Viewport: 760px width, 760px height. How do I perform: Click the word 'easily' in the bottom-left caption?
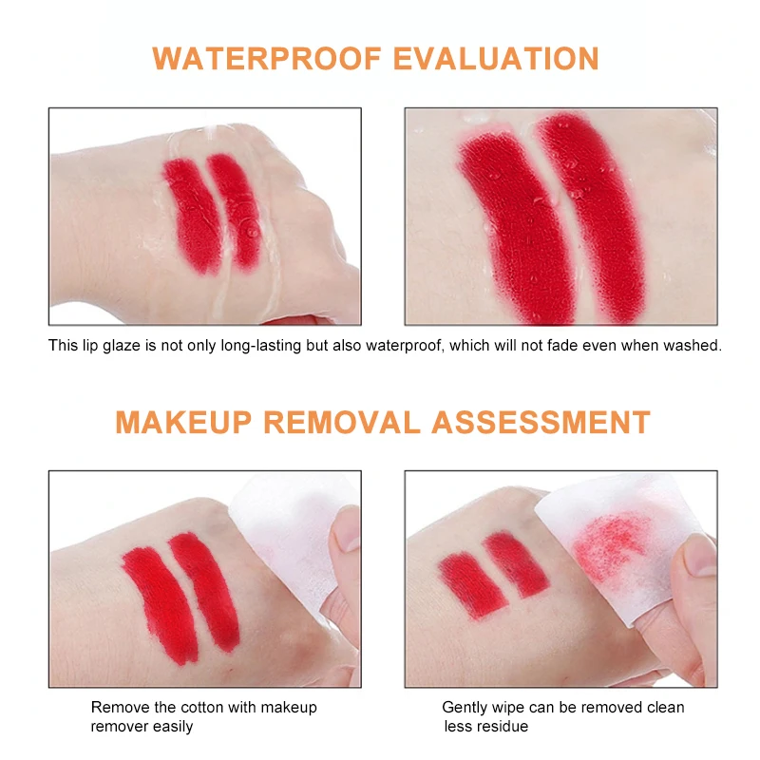pyautogui.click(x=171, y=727)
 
